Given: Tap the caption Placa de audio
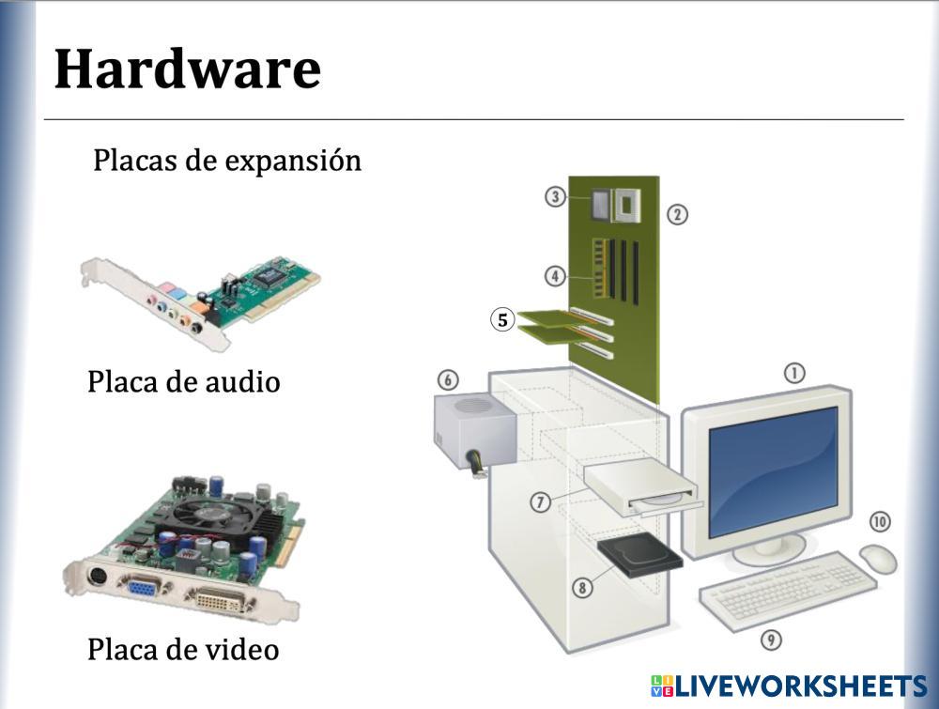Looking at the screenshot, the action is click(x=183, y=382).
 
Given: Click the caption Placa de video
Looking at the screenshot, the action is click(x=183, y=649).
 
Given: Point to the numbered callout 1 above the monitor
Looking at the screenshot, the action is click(x=794, y=374).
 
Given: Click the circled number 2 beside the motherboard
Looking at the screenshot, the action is click(x=678, y=214).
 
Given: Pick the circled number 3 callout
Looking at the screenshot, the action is click(x=556, y=197).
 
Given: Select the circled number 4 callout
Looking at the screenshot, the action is click(x=556, y=276).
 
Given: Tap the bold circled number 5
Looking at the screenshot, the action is click(x=502, y=320).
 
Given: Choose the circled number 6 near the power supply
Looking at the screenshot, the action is click(x=448, y=380).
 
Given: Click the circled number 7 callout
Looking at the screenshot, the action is click(x=540, y=503).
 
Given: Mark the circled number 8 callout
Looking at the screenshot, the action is click(x=582, y=588).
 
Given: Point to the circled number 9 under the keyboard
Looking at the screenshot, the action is click(x=771, y=640).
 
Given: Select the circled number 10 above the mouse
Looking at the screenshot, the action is click(x=880, y=521).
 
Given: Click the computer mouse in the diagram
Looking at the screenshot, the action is click(x=878, y=558).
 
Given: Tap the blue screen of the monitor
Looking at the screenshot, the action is click(x=772, y=470).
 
